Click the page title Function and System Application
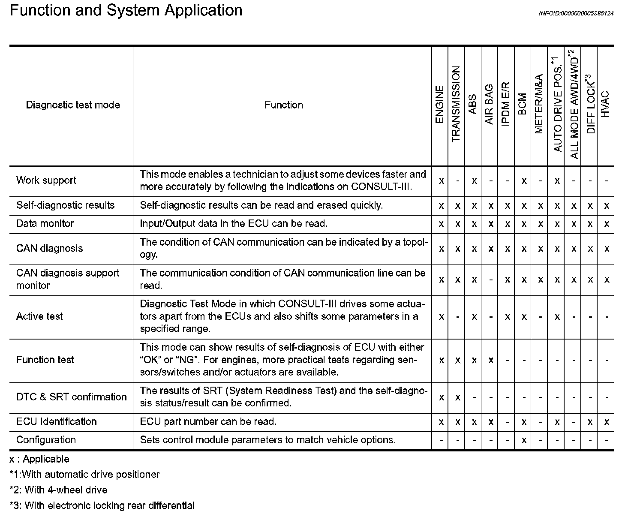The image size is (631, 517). tap(126, 10)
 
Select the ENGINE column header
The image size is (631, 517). tap(440, 105)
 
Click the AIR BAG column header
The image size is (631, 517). tap(490, 105)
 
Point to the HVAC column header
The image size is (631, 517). tap(605, 105)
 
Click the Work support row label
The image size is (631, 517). tap(46, 180)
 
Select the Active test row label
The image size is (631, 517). tap(39, 316)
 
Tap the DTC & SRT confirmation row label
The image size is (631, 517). tap(72, 397)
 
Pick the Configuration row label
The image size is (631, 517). tap(46, 440)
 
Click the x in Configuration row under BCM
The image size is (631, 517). tap(523, 440)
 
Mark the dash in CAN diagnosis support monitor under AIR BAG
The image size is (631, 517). tap(490, 280)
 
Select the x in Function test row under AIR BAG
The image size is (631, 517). tap(490, 361)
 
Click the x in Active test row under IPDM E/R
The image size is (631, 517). tap(507, 317)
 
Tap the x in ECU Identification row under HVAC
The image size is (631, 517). tap(607, 422)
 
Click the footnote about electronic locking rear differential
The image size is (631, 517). tap(102, 505)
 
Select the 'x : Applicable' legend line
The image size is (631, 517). tap(39, 459)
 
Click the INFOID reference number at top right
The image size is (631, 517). tap(576, 13)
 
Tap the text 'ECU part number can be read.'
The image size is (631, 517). tap(208, 422)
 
